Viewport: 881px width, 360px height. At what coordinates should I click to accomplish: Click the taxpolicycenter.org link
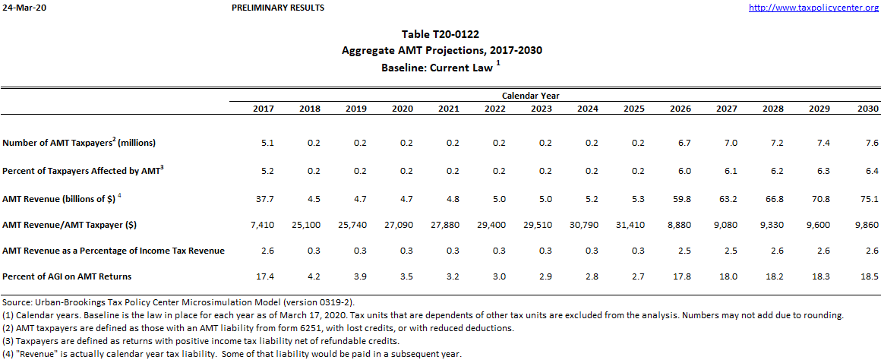pyautogui.click(x=813, y=8)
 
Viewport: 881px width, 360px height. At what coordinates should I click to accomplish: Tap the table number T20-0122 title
pyautogui.click(x=441, y=34)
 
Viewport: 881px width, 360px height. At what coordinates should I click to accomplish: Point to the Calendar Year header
pyautogui.click(x=531, y=96)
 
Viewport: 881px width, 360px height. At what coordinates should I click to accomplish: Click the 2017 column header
pyautogui.click(x=263, y=109)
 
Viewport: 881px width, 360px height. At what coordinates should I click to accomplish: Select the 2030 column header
pyautogui.click(x=868, y=109)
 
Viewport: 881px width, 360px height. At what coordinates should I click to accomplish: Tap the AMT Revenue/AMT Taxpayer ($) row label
pyautogui.click(x=80, y=225)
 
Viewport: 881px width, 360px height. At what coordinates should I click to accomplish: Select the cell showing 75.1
pyautogui.click(x=870, y=199)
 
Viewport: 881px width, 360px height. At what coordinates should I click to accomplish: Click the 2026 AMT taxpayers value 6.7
pyautogui.click(x=684, y=143)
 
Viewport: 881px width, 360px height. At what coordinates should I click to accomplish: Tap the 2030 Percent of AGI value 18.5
pyautogui.click(x=870, y=276)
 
